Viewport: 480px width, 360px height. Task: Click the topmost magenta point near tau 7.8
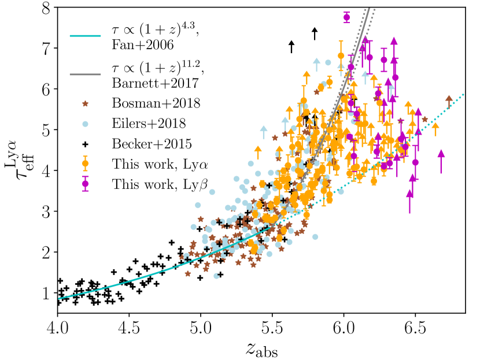[x=346, y=17]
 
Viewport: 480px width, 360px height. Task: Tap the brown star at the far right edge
[x=449, y=98]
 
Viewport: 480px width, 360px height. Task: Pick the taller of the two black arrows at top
[x=314, y=34]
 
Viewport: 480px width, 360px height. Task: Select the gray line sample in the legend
[x=85, y=75]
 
